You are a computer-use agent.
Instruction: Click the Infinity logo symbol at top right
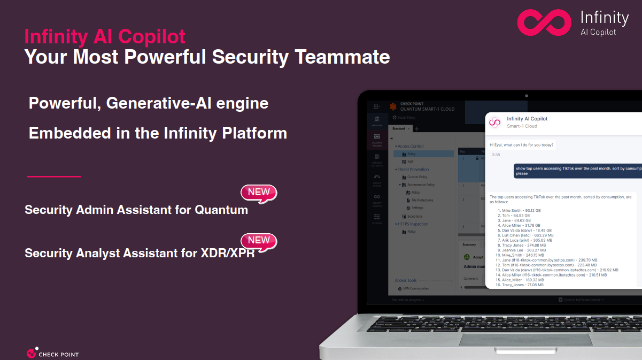544,22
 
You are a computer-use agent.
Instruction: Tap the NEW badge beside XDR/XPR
259,241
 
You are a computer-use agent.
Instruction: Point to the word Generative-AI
163,103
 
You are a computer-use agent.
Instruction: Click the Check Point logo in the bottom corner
52,353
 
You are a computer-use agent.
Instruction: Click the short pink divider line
53,176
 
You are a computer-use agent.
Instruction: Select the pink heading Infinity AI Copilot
105,36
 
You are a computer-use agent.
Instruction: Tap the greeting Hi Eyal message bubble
522,145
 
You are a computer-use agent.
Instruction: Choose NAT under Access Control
410,162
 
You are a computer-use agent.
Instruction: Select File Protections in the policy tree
422,200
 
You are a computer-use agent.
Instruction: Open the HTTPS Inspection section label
413,224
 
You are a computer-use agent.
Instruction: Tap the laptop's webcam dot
527,95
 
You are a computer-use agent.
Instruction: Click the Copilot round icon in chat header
495,122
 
